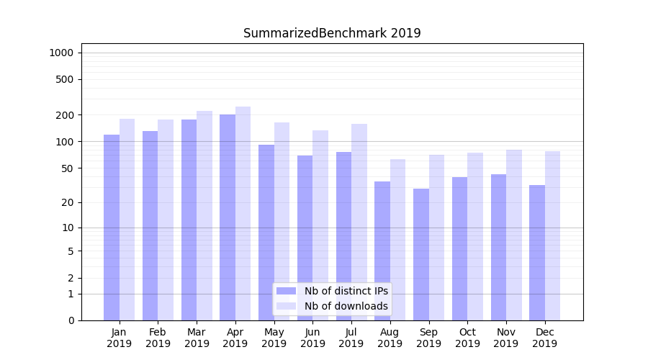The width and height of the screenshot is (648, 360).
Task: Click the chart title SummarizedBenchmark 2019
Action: [x=332, y=33]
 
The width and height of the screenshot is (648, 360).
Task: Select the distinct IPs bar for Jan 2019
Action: [x=112, y=227]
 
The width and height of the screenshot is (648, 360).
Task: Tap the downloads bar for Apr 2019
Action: [x=243, y=213]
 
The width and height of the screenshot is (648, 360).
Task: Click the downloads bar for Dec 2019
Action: [x=553, y=235]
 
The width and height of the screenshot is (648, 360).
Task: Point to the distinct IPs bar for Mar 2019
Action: [x=189, y=220]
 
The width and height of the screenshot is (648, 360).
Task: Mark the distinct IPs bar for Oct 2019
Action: [x=460, y=248]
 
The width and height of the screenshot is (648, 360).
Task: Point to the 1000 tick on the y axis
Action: [x=61, y=53]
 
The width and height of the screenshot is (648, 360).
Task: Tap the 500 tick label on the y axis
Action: [x=65, y=79]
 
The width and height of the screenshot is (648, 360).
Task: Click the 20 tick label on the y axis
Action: [x=68, y=202]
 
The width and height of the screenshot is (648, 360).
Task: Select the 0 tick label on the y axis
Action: [x=71, y=320]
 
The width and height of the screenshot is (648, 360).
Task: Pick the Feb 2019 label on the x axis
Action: [x=158, y=338]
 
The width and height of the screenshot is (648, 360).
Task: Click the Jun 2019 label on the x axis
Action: [x=312, y=338]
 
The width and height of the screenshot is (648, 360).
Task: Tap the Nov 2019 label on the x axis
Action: [x=506, y=338]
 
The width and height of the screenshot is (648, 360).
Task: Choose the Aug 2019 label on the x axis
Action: [x=390, y=338]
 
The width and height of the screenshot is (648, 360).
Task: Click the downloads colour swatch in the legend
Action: [x=287, y=306]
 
